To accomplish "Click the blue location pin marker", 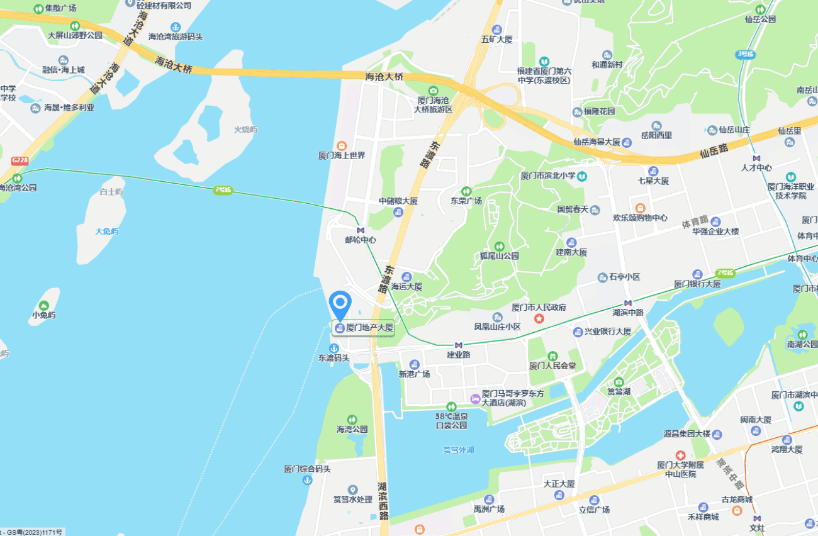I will click(340, 304).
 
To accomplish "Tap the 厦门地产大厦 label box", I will click(364, 328).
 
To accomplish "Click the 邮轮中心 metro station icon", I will click(361, 230).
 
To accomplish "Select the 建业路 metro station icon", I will click(459, 345).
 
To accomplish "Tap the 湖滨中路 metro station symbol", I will click(627, 303).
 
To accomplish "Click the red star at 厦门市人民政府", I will click(539, 319).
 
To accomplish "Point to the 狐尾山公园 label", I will click(499, 256).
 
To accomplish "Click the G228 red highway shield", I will click(20, 160).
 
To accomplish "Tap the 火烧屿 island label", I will click(246, 130).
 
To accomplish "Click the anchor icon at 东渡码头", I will click(333, 348).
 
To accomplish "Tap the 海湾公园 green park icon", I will click(352, 419).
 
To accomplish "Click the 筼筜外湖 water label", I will click(458, 450).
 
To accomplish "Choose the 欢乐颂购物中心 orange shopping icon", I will click(640, 208).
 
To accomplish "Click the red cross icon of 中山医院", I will click(680, 455).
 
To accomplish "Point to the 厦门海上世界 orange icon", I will click(342, 145).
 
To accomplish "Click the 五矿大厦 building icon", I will click(496, 30).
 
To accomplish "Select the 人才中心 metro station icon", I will click(756, 158).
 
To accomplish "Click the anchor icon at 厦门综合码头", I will click(307, 480).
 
